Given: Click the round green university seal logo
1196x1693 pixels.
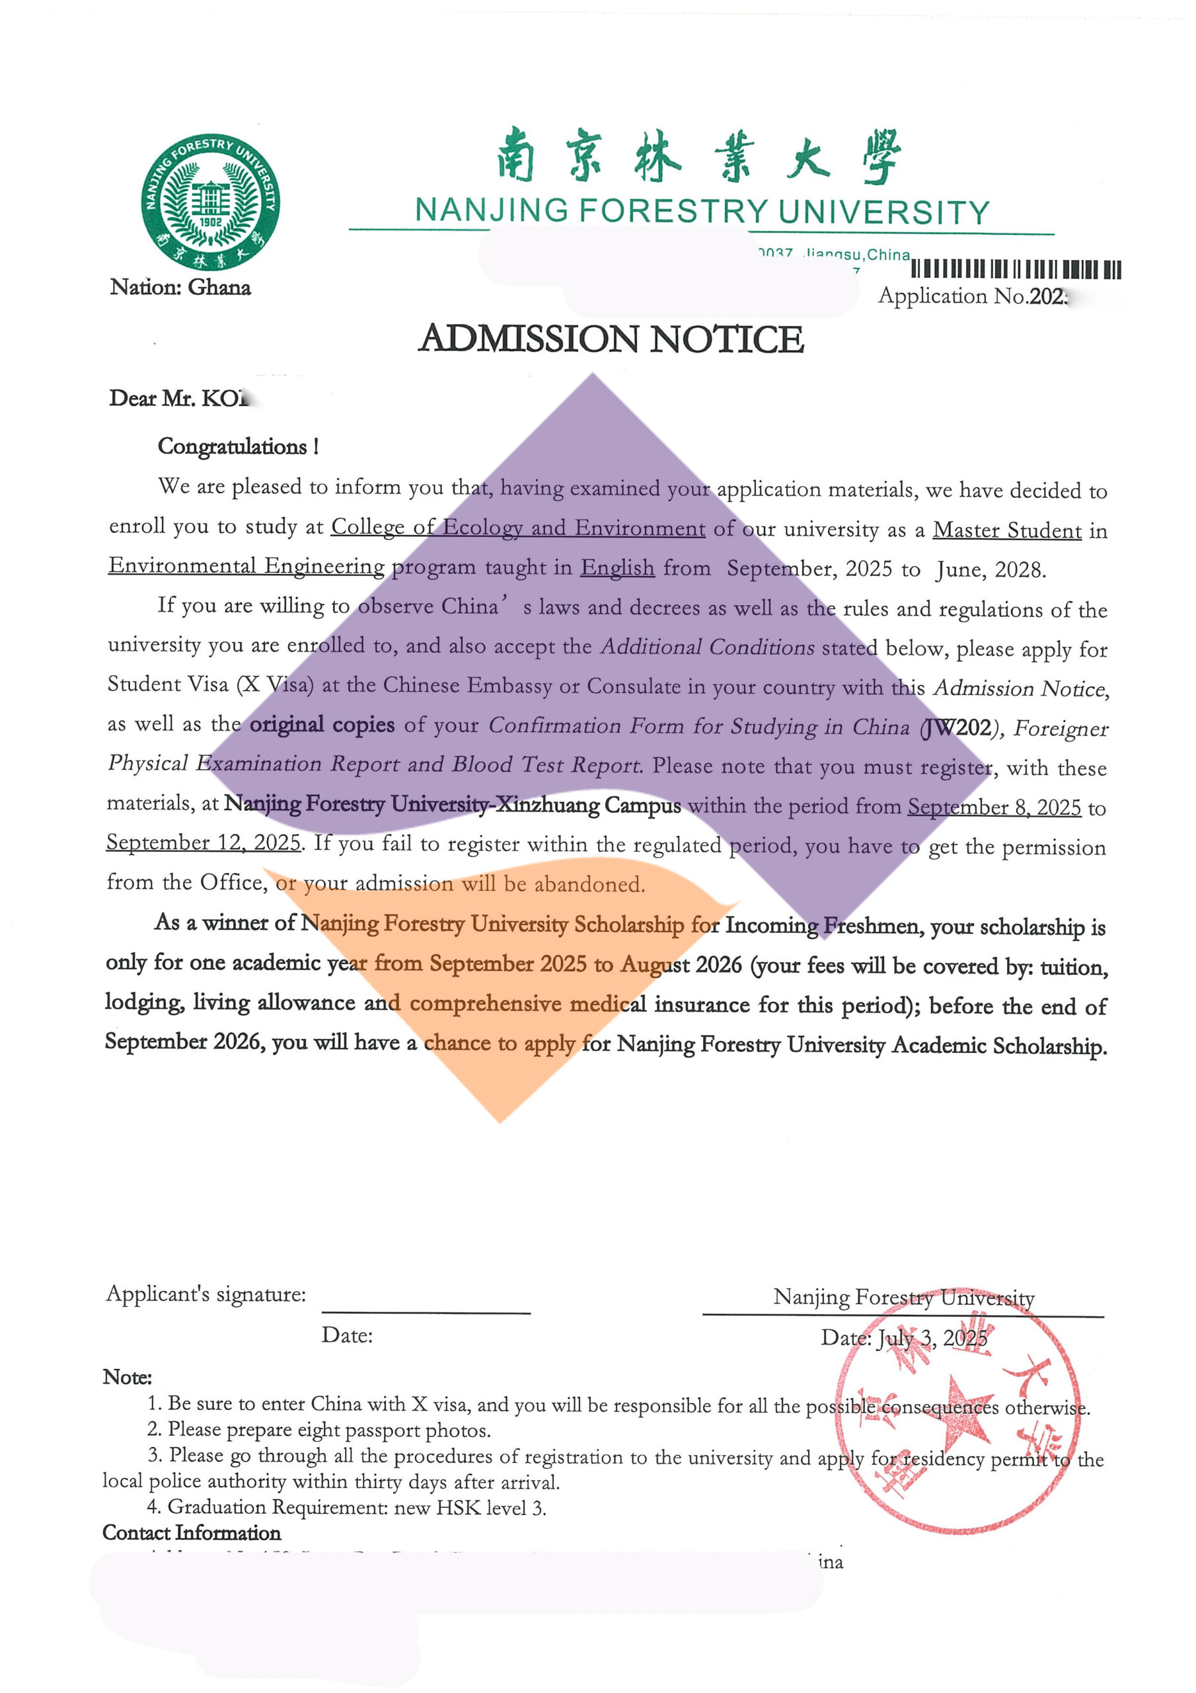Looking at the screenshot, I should click(x=210, y=202).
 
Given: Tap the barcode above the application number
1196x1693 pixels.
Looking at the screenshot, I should click(x=1016, y=269).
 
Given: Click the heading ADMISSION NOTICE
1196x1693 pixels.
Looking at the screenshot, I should click(x=611, y=339).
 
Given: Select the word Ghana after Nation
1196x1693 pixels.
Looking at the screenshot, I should click(x=219, y=288).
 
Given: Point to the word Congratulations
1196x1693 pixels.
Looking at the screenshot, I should click(x=232, y=447).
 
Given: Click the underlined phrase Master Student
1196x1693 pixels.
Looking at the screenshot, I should click(x=1006, y=530).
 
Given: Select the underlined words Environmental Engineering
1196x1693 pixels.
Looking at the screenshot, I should click(x=246, y=566).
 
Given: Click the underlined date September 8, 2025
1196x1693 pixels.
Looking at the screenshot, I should click(x=993, y=807).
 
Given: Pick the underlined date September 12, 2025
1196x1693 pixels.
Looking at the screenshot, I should click(x=204, y=842).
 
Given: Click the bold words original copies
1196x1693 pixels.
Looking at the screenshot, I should click(x=322, y=725).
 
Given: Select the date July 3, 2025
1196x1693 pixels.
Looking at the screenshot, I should click(x=932, y=1339).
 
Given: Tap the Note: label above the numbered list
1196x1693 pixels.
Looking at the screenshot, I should click(x=128, y=1377).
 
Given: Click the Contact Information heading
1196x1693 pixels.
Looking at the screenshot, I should click(x=192, y=1532).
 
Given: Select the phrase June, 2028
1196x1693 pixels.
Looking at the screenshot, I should click(x=990, y=570).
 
